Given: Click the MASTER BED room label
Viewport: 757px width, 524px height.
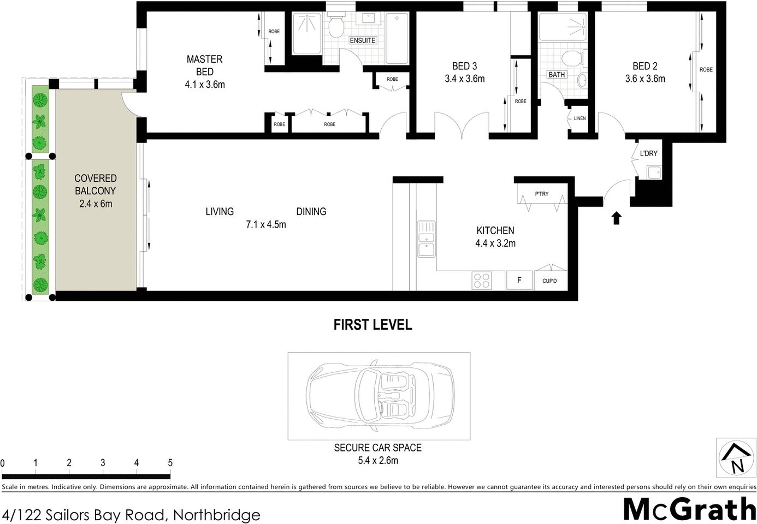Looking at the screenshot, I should [205, 65].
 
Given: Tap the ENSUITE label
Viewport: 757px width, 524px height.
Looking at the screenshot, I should [363, 40].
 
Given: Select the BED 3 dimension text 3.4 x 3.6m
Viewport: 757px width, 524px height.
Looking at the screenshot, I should [464, 79].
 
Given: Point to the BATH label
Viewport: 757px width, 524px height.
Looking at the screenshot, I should [557, 74].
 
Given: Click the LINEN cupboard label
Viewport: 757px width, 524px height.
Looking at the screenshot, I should [579, 118].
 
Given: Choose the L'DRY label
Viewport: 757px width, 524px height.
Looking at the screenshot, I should [648, 153].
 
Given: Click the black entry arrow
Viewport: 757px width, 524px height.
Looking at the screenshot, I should [616, 218].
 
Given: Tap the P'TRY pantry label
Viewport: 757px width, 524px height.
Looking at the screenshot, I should [541, 194].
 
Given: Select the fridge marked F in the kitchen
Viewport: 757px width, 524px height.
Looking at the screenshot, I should [519, 281].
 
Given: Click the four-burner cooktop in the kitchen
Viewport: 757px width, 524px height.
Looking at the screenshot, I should [481, 281].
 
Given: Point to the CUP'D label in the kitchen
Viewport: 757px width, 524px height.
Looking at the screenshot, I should [549, 281].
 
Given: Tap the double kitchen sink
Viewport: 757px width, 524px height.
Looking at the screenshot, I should [426, 239].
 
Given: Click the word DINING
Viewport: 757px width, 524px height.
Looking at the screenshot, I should [311, 212].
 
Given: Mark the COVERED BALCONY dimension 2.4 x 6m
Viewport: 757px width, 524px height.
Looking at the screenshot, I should [95, 204].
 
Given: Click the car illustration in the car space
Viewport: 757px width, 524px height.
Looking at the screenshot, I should [379, 395].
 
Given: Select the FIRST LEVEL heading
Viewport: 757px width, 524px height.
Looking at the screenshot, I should [372, 325].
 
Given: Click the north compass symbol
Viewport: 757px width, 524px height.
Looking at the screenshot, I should [735, 459].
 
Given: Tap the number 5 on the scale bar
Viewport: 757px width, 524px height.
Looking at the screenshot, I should [170, 463].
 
